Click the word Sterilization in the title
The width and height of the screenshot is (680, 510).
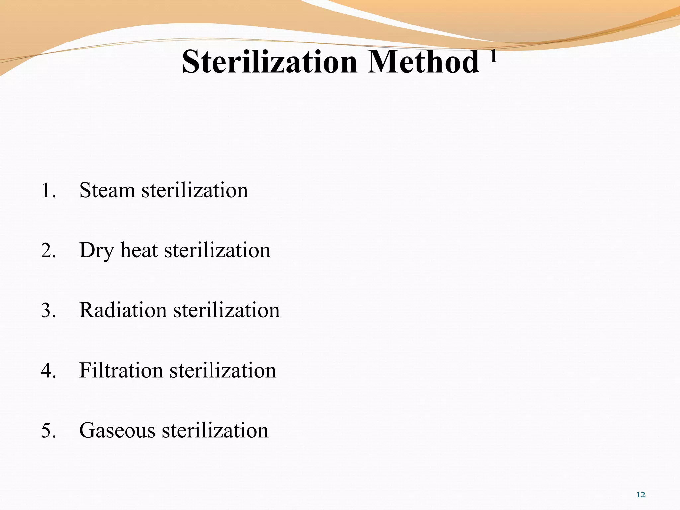(x=269, y=62)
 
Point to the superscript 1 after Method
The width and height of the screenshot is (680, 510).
(x=493, y=56)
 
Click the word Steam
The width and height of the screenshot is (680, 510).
(x=107, y=190)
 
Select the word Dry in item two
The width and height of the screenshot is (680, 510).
(x=97, y=251)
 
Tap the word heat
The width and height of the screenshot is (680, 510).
(x=139, y=250)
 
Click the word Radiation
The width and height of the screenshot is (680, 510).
(x=123, y=310)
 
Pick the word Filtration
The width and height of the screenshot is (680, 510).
(x=121, y=370)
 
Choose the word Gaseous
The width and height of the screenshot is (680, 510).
(x=117, y=431)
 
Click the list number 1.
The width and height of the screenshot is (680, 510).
(x=48, y=191)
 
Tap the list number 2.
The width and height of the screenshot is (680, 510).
(x=48, y=251)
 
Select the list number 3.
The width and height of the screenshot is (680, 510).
(x=48, y=311)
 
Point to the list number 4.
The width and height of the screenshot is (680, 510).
(x=48, y=371)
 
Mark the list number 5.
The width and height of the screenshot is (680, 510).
(x=48, y=431)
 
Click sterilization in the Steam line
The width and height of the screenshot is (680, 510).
(x=195, y=190)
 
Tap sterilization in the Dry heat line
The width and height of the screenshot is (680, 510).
(x=217, y=250)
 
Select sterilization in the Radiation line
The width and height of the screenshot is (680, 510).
(x=226, y=310)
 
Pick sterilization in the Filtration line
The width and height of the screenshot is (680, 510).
(x=223, y=370)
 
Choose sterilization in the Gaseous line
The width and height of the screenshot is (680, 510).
(x=215, y=431)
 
